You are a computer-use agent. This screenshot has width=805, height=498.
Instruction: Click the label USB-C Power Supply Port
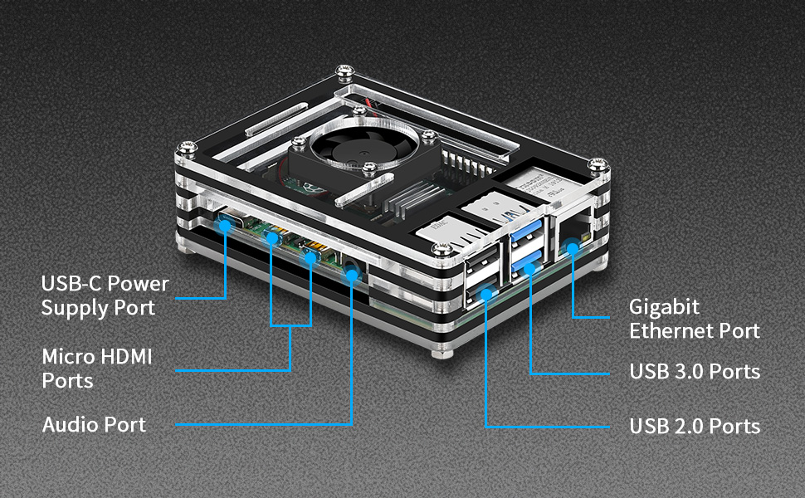click(105, 295)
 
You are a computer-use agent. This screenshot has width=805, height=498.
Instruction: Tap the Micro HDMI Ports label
click(97, 369)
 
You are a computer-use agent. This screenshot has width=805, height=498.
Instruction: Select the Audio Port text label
click(94, 425)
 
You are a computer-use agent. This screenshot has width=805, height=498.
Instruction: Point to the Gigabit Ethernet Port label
click(694, 319)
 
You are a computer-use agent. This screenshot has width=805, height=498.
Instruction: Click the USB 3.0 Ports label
click(695, 371)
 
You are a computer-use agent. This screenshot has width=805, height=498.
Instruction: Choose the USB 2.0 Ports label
click(695, 426)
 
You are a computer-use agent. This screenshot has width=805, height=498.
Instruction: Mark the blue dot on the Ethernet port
click(573, 248)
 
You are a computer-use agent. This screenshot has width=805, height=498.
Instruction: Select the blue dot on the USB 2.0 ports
click(485, 294)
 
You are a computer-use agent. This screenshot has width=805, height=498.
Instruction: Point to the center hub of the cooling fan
click(363, 153)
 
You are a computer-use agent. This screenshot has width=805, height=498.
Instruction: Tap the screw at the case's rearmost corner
click(344, 71)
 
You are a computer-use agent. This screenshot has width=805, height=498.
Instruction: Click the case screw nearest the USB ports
click(442, 250)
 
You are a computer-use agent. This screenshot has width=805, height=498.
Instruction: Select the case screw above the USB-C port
click(188, 149)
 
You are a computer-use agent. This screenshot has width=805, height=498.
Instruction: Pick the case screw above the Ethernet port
click(598, 165)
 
